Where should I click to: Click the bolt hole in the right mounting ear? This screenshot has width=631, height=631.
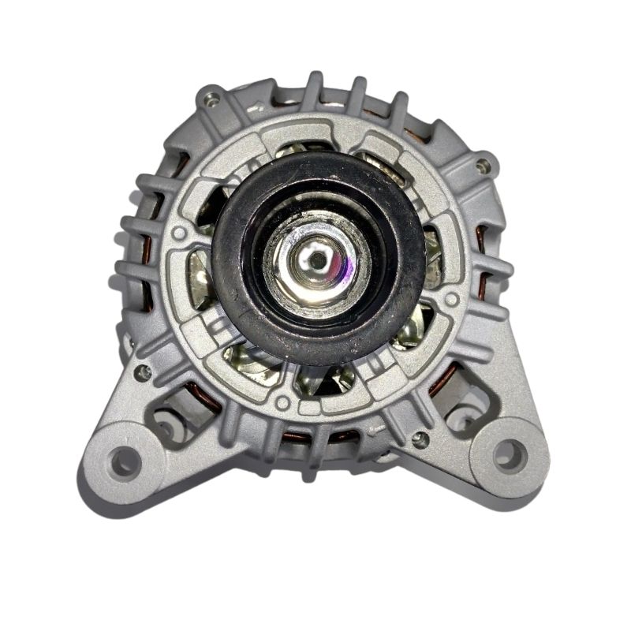508,454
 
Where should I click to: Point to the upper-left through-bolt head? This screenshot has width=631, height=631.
210,99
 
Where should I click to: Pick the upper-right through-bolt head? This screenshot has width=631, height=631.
483,165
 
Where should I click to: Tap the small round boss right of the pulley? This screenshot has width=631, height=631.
451,300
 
